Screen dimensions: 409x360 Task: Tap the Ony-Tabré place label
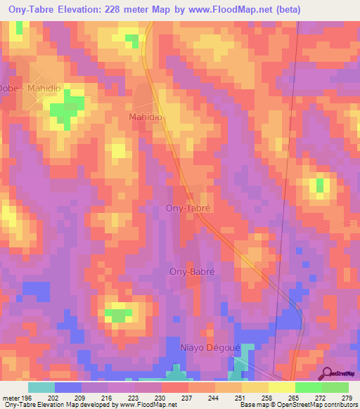[x=188, y=209]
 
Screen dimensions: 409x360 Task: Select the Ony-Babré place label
[x=191, y=271]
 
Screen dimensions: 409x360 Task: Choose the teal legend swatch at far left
[x=41, y=387]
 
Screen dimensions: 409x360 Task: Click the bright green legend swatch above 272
[x=308, y=387]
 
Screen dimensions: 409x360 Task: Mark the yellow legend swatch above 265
[x=281, y=387]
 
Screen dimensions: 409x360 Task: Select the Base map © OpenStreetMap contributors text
[x=297, y=405]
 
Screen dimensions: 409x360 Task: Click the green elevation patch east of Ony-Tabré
[x=320, y=186]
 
